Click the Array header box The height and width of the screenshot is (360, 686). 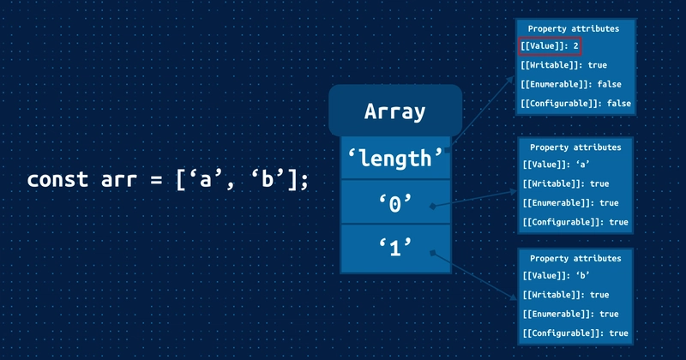coord(395,111)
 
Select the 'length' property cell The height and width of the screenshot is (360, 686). coord(395,158)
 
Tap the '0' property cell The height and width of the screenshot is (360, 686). coord(395,203)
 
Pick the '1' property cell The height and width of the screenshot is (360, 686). coord(395,249)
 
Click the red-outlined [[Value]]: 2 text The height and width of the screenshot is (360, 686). coord(551,47)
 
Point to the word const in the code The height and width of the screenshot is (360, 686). coord(57,180)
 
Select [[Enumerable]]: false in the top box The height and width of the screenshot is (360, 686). coord(570,84)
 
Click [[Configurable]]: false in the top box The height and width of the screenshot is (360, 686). coord(575,103)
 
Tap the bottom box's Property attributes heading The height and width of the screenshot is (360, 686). coord(575,258)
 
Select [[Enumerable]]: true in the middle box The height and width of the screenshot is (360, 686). coord(570,203)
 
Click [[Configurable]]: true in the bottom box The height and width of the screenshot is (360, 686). coord(575,333)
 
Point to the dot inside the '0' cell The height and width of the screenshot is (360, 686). coord(434,207)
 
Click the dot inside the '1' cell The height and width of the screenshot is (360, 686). coord(434,252)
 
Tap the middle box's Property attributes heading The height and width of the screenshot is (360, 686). coord(575,147)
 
